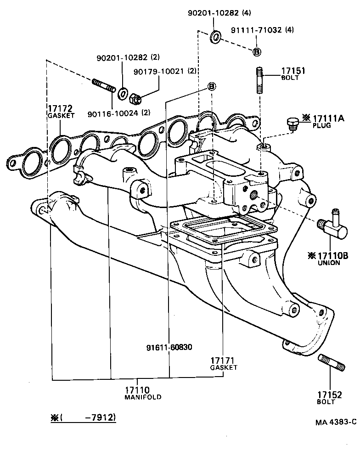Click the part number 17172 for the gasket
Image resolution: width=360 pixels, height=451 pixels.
[x=60, y=109]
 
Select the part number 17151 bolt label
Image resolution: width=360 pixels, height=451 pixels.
[x=293, y=71]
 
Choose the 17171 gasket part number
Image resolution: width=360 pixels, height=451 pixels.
[x=223, y=361]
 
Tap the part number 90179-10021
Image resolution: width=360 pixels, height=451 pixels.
[x=159, y=71]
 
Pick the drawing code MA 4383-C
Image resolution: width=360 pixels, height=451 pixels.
[x=335, y=422]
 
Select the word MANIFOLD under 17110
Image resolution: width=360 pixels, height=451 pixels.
[x=143, y=397]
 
